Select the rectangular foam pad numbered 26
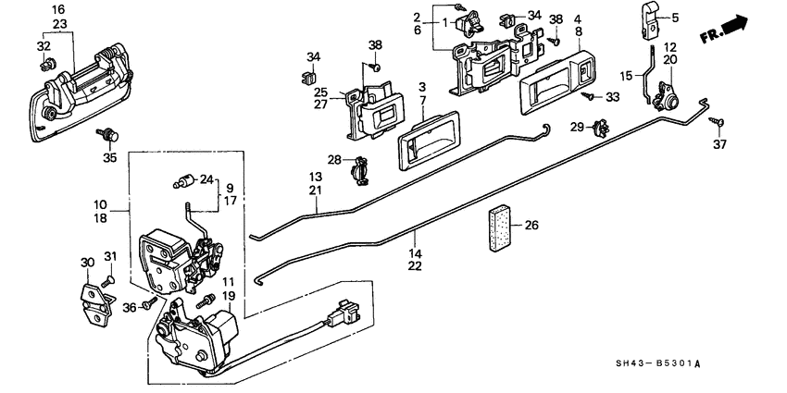pyautogui.click(x=499, y=226)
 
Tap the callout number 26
pyautogui.click(x=531, y=224)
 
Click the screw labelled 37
pyautogui.click(x=716, y=120)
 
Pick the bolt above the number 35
pyautogui.click(x=110, y=136)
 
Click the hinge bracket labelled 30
pyautogui.click(x=93, y=299)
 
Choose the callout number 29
pyautogui.click(x=576, y=126)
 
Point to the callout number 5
pyautogui.click(x=675, y=17)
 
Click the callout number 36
pyautogui.click(x=131, y=307)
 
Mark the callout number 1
pyautogui.click(x=444, y=21)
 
